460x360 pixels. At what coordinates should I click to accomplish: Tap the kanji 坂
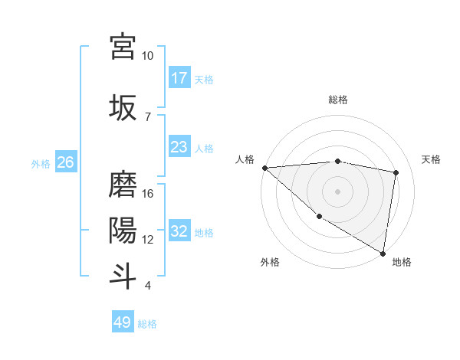pos(123,107)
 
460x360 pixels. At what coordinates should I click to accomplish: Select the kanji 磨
pos(123,184)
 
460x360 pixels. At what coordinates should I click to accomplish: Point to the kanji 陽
pos(123,229)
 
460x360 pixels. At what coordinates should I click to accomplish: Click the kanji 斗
pos(123,275)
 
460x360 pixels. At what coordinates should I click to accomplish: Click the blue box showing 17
pos(179,78)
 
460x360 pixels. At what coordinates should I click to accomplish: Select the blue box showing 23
pos(179,147)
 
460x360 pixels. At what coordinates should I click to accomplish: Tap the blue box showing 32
pos(179,231)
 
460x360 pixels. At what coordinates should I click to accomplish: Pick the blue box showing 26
pos(65,162)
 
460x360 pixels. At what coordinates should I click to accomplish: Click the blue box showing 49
pos(123,322)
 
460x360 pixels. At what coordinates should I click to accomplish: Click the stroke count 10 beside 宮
pos(147,56)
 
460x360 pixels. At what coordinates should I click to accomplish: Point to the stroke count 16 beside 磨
pos(147,194)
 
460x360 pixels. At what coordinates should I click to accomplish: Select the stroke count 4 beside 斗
pos(147,286)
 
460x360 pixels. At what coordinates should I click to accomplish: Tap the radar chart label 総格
pos(337,100)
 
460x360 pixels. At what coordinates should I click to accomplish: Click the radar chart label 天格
pos(431,159)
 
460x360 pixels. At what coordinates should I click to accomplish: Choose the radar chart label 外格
pos(270,262)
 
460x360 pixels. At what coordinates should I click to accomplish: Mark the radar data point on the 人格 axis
pos(264,168)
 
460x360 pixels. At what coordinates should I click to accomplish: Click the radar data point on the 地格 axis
pos(383,253)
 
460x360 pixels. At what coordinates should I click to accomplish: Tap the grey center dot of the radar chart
pos(337,191)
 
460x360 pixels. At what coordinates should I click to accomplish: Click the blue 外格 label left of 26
pos(41,163)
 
